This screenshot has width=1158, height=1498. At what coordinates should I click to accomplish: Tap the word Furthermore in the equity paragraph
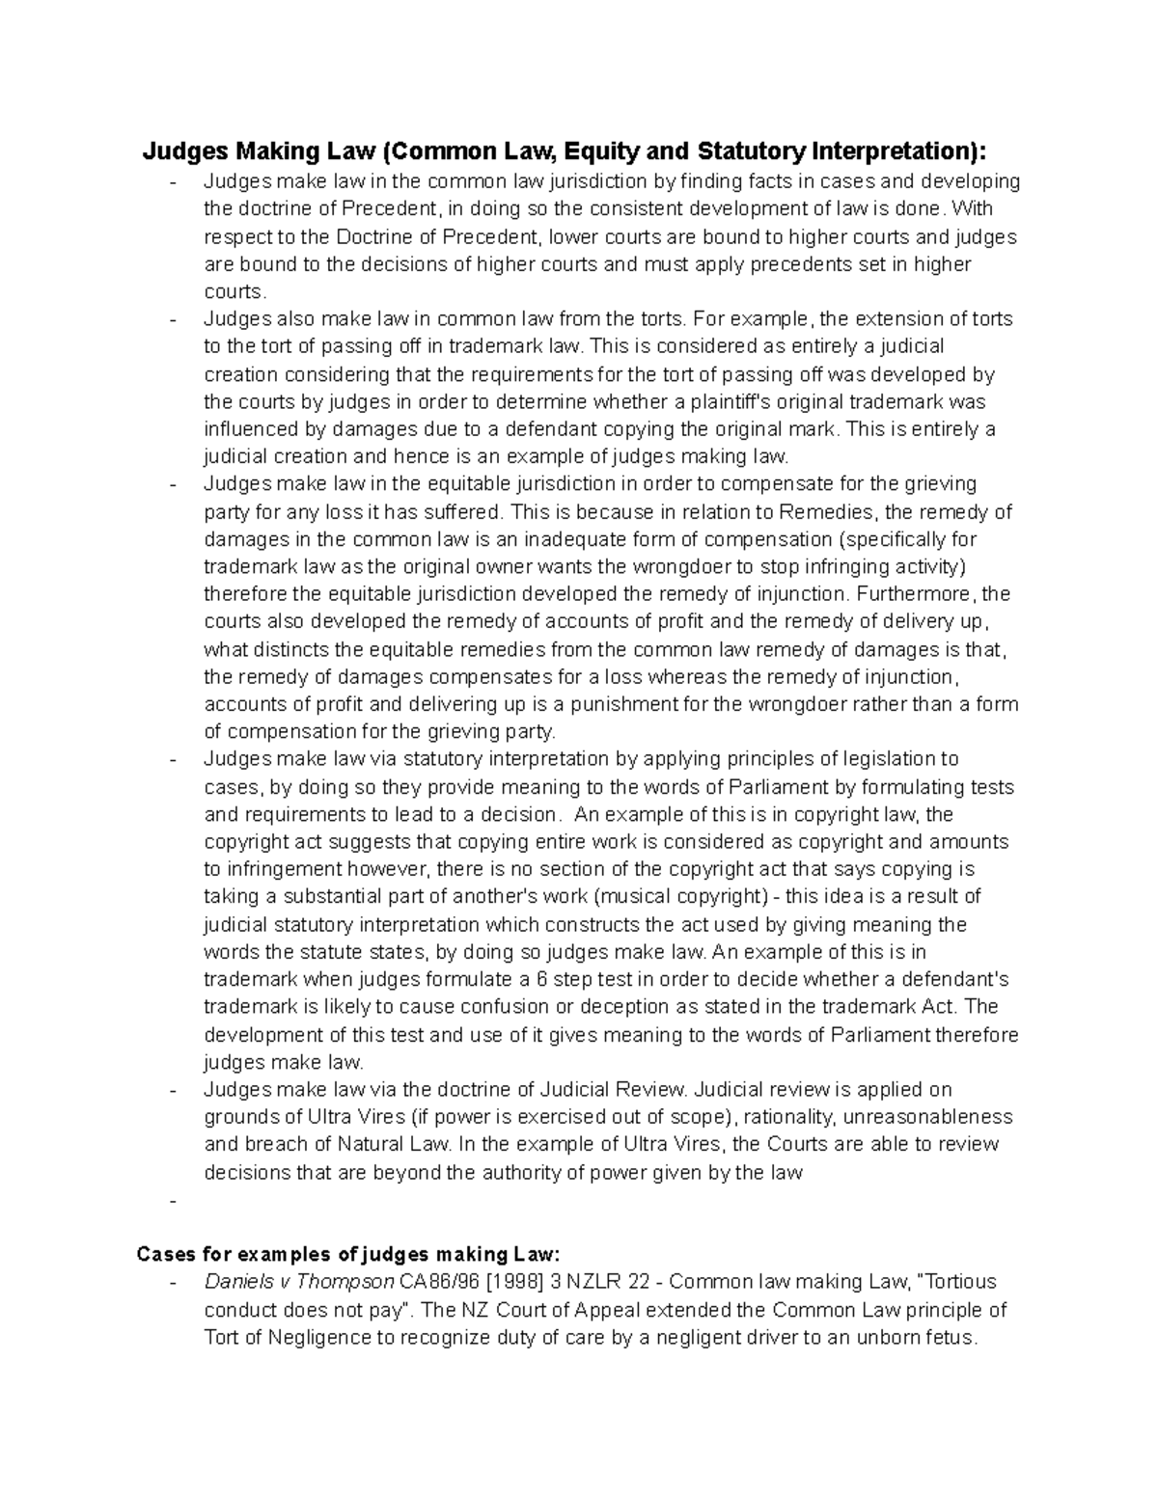917,593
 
